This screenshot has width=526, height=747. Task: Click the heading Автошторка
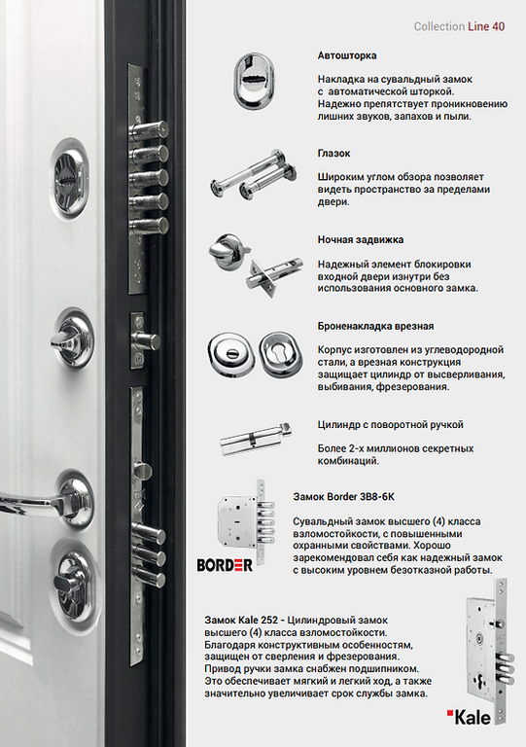point(347,55)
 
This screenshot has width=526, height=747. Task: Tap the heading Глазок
point(333,154)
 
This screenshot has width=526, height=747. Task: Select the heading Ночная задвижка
point(361,239)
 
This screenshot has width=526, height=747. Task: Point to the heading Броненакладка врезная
point(375,327)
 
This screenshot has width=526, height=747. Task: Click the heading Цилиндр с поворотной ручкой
point(390,424)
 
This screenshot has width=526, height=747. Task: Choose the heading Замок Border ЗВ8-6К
point(343,497)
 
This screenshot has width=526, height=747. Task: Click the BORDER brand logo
point(225,565)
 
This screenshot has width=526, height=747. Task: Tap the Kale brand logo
point(469,718)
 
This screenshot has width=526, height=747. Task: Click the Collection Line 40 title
point(459,26)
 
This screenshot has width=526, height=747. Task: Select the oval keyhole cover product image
point(254,81)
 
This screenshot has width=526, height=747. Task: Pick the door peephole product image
point(253,174)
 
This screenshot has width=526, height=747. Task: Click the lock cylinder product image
point(256,440)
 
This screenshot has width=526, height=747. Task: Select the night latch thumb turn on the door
point(70,339)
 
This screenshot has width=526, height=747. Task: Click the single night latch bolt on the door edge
point(146,341)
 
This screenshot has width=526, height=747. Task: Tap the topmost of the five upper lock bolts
point(149,129)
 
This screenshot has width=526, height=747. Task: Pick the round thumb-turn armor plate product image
point(229,354)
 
